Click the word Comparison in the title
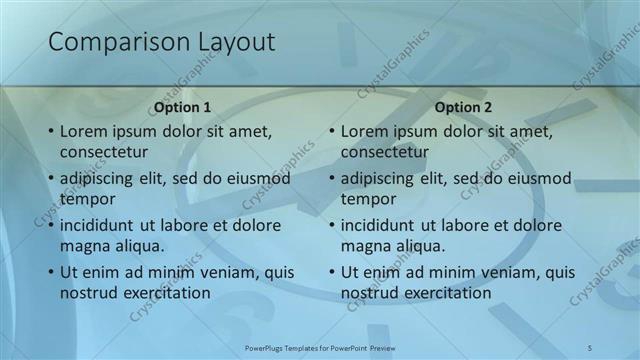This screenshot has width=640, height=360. (109, 42)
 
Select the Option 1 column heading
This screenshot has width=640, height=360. (183, 107)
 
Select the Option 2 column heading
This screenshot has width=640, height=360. (463, 107)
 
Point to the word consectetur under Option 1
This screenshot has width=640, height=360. (104, 152)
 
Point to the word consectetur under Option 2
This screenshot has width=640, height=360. (385, 152)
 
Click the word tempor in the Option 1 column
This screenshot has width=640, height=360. (88, 198)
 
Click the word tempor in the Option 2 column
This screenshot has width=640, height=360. (369, 198)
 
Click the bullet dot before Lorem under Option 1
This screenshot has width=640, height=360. (51, 131)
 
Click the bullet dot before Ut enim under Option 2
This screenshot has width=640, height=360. (332, 271)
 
